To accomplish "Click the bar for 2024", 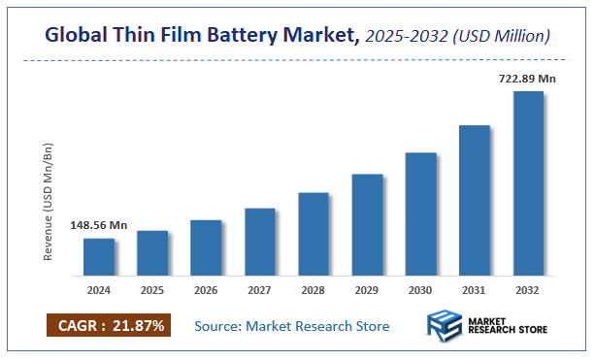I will point(98,256).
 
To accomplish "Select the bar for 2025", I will point(152,252).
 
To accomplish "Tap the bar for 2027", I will point(260,241).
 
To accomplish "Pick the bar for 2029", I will point(367,224).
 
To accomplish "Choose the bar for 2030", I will point(420,213).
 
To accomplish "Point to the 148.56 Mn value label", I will point(99,225).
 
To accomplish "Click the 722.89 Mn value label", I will point(527,77).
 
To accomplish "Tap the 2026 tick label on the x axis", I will point(206,289).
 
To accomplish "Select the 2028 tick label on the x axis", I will point(314,289).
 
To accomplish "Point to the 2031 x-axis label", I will point(475,289).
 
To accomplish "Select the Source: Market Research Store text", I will point(292,326).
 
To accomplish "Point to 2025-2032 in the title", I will point(407,36).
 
